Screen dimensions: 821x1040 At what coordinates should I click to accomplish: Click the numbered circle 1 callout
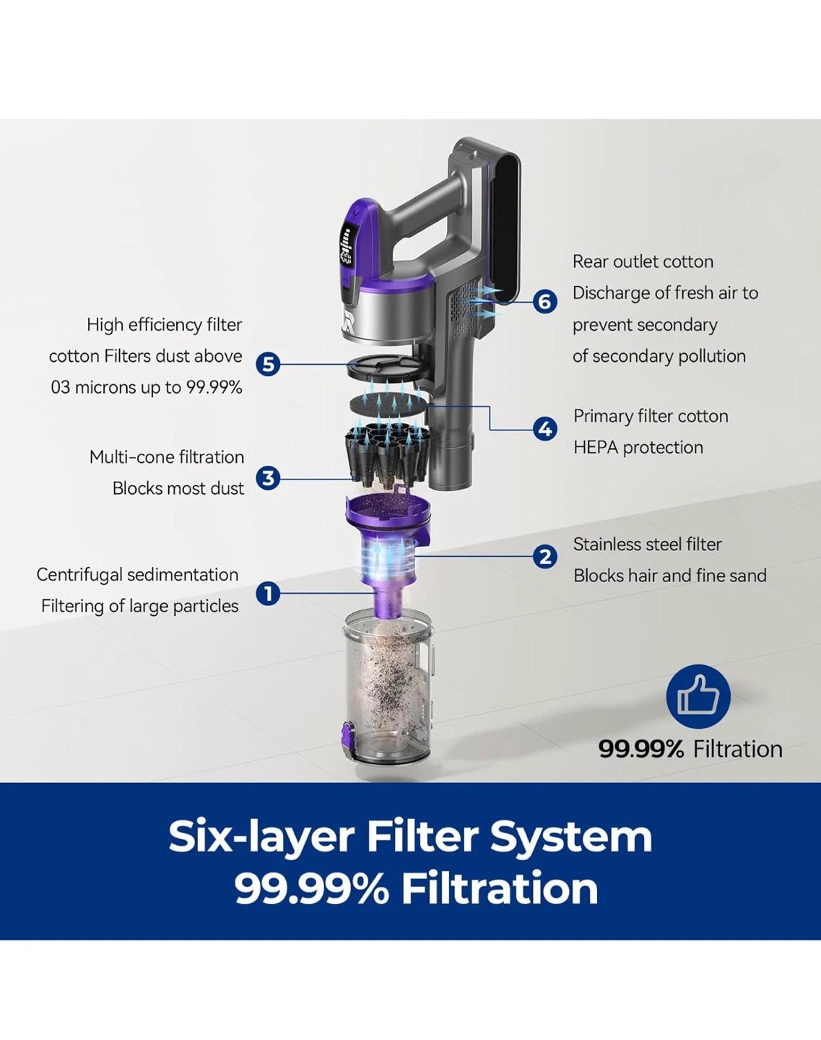[268, 594]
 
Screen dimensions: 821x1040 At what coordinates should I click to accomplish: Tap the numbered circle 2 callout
[545, 556]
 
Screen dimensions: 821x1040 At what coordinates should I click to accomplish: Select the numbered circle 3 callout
[268, 478]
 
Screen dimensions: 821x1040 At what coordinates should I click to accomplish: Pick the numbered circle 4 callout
[545, 429]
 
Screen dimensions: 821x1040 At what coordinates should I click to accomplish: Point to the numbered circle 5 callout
[268, 364]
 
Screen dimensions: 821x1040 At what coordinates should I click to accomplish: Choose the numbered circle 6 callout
[545, 301]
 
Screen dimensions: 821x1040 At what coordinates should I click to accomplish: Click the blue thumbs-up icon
[698, 696]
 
